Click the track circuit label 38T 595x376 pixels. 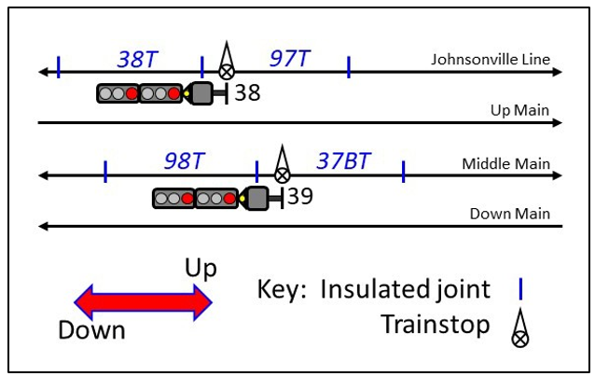click(138, 60)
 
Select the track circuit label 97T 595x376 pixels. click(290, 60)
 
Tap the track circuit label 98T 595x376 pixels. click(184, 160)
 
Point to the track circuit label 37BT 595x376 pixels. click(343, 160)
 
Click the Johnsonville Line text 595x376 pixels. click(491, 60)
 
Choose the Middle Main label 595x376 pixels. click(505, 164)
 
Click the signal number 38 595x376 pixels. click(247, 93)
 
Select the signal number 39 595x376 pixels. click(299, 196)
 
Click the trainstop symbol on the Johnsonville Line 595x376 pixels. click(226, 63)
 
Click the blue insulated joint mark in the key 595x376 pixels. click(520, 288)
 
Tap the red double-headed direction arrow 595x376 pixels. click(144, 300)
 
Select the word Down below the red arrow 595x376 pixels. click(91, 330)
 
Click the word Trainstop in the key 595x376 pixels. click(436, 325)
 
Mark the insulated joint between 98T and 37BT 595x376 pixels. click(256, 171)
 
